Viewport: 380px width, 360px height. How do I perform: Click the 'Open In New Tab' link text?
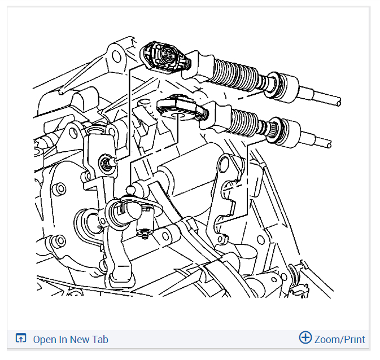point(71,339)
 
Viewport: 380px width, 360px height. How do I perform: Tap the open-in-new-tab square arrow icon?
point(20,338)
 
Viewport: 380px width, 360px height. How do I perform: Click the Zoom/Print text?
point(339,339)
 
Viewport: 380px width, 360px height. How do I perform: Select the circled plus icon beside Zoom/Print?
point(305,337)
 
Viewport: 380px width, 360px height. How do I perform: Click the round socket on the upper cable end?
point(167,54)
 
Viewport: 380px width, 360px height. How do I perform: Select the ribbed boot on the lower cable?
point(250,122)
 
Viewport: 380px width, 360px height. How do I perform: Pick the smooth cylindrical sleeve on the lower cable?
point(286,132)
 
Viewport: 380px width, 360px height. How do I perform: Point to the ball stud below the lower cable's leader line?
point(130,189)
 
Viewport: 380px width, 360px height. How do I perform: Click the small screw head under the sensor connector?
point(145,234)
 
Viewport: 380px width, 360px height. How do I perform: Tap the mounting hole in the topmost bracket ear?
point(117,56)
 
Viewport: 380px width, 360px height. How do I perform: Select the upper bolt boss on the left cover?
point(59,188)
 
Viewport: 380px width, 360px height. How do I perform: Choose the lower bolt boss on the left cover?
point(59,240)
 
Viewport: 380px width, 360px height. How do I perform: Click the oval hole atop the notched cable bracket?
point(224,164)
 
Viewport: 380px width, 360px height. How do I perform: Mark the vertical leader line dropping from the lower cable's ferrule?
point(247,181)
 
